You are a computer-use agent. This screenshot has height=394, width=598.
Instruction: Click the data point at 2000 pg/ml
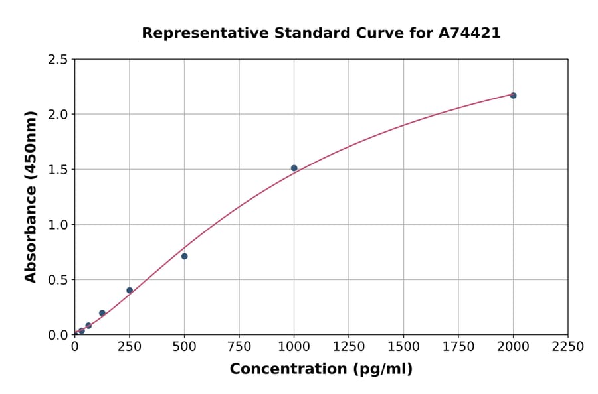[x=513, y=96]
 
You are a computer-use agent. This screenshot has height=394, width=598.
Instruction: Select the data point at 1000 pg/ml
[x=294, y=168]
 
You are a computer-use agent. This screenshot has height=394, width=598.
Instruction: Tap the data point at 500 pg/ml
[x=184, y=256]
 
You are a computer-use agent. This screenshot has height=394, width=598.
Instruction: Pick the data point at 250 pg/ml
[x=130, y=290]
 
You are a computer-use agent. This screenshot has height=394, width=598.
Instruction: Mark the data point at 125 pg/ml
[x=102, y=313]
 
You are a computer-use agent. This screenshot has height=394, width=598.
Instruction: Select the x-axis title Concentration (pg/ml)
[x=321, y=369]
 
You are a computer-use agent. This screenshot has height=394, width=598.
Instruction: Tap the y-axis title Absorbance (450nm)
[x=31, y=197]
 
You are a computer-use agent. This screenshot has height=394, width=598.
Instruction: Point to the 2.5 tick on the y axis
[x=58, y=60]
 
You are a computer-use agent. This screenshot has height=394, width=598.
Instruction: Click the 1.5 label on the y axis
[x=58, y=170]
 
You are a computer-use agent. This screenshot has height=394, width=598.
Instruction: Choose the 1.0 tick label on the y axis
[x=58, y=225]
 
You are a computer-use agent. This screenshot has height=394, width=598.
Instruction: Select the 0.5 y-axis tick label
[x=58, y=280]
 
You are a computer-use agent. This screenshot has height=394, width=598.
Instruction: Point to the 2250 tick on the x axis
[x=568, y=347]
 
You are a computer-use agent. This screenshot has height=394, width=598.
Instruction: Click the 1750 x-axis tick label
[x=458, y=347]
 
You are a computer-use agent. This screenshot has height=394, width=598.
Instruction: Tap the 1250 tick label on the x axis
[x=349, y=347]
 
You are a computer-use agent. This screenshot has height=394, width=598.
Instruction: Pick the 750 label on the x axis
[x=239, y=347]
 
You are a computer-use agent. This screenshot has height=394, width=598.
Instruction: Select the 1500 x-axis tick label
[x=403, y=347]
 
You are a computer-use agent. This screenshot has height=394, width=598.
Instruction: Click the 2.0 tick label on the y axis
[x=58, y=115]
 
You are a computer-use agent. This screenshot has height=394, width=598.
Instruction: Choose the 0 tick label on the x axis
[x=74, y=347]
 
